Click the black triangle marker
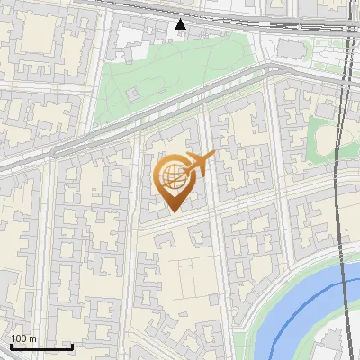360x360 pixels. point(181,24)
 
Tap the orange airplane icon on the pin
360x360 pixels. point(199,165)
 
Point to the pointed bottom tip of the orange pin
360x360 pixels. point(172,212)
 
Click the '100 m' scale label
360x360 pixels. point(23,338)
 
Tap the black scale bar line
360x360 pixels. point(40,346)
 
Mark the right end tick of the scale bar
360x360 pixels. point(72,345)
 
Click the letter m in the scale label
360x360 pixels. point(32,338)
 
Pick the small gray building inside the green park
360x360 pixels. point(133,93)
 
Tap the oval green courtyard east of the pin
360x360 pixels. point(322,138)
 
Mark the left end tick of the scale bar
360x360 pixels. point(10,345)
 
